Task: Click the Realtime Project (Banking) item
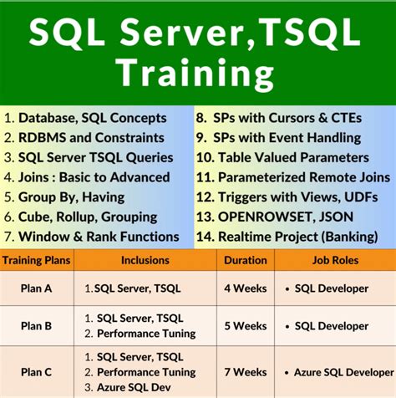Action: (x=293, y=237)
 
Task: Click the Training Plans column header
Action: (x=36, y=261)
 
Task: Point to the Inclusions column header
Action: (x=145, y=261)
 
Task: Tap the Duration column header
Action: (x=245, y=261)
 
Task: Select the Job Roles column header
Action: (x=332, y=261)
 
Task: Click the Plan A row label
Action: (x=37, y=288)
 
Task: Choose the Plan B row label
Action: (x=37, y=326)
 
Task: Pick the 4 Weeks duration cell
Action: (x=245, y=288)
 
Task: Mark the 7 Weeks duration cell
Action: (x=245, y=371)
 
